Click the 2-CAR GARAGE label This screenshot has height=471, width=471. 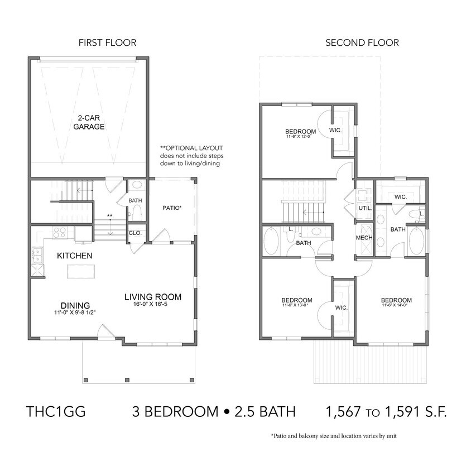click(89, 122)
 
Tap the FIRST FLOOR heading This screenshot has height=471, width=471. click(107, 42)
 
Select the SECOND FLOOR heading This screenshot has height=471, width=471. click(362, 42)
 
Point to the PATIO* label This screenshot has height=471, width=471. click(171, 208)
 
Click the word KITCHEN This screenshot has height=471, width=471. click(74, 256)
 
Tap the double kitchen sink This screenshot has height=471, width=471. click(37, 256)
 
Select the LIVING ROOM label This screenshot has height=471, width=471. click(152, 296)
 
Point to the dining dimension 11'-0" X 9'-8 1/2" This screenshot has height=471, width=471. click(75, 313)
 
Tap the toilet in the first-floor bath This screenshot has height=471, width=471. click(134, 212)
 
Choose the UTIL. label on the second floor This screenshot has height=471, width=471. click(365, 207)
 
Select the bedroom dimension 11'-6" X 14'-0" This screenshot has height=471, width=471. click(396, 305)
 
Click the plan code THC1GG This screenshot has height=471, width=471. click(55, 412)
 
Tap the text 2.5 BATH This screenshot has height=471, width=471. click(265, 412)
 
